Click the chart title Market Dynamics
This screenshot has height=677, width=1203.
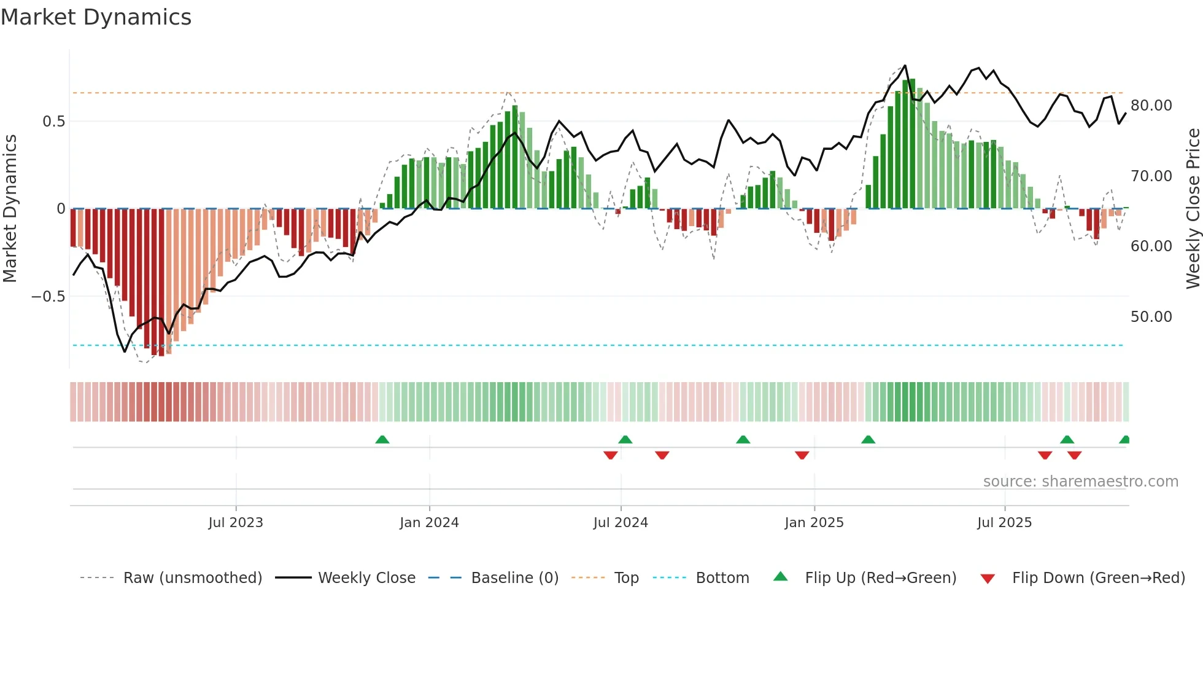point(96,17)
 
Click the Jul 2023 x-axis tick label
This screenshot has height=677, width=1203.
point(236,523)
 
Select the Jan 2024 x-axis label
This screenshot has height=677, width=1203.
point(429,523)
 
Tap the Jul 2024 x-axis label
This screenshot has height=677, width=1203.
point(621,523)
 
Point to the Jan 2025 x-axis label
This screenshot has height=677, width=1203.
point(814,523)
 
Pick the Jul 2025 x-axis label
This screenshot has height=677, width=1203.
point(1004,523)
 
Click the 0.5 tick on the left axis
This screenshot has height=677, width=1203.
point(54,122)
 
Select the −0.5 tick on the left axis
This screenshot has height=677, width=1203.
point(48,297)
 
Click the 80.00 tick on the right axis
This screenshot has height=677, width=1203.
point(1151,106)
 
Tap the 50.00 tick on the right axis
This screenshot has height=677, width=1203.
point(1151,317)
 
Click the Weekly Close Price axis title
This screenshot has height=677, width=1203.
point(1193,209)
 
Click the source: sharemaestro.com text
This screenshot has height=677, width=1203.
point(1080,482)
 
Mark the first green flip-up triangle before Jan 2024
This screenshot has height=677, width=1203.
point(382,439)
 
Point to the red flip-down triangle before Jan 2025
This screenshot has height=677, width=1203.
point(802,455)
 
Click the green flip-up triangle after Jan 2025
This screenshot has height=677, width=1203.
point(868,439)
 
